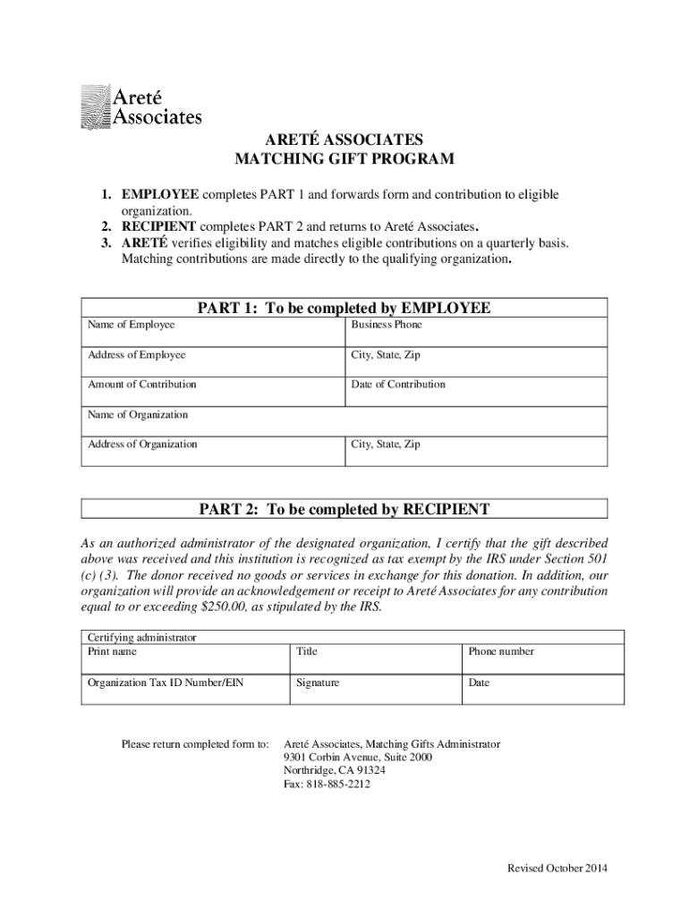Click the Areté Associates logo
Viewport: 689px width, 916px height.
pos(141,105)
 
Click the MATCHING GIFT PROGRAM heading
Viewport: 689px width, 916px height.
pos(344,160)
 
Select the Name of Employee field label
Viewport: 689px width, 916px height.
pos(131,325)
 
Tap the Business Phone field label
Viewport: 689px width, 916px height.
pos(386,325)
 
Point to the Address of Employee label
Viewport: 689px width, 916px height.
pos(136,355)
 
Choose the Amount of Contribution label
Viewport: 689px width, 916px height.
pos(141,385)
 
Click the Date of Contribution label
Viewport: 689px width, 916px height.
pos(397,385)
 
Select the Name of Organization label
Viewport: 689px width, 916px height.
pos(138,415)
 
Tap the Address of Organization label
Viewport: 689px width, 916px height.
pos(142,445)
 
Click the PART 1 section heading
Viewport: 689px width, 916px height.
pos(344,309)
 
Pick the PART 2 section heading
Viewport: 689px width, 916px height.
pos(344,510)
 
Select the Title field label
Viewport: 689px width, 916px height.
pos(307,652)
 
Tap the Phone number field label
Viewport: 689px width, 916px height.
pos(500,652)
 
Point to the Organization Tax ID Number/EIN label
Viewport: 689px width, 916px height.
pos(165,683)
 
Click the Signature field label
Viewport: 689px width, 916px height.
pos(318,683)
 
